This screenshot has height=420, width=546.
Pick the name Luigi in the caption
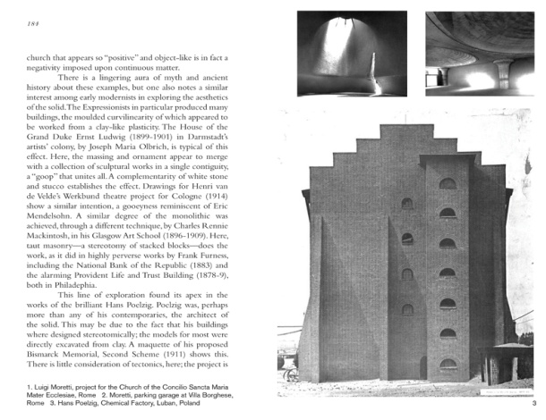34,389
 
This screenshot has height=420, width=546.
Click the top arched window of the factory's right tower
447,184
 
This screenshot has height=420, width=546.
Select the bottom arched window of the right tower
447,365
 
